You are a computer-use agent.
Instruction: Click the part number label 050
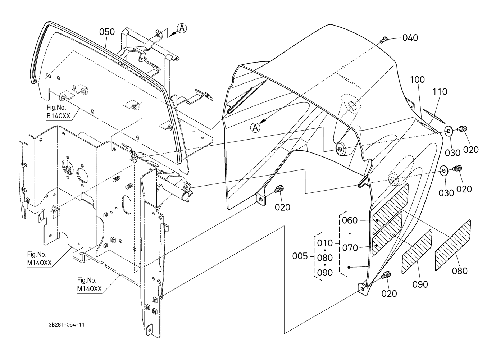pos(107,32)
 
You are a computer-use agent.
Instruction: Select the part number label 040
pos(410,38)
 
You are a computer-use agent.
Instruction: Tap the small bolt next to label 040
pos(383,40)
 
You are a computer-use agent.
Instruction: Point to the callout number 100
pos(417,80)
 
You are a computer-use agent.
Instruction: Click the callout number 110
pos(440,92)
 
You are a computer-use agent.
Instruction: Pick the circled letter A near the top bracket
pos(182,28)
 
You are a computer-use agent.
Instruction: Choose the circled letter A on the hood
pos(255,128)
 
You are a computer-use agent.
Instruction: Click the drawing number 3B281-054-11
pos(67,325)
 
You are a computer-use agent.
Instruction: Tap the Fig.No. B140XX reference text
pos(59,112)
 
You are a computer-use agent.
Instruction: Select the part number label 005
pos(300,256)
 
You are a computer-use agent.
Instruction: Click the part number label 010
pos(325,243)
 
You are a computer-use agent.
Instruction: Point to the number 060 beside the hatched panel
pos(350,220)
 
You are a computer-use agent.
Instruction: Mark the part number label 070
pos(350,248)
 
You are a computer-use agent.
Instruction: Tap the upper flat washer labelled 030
pos(449,132)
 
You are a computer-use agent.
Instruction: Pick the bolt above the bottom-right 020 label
pos(386,275)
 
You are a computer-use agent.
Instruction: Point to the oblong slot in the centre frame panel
pos(127,205)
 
